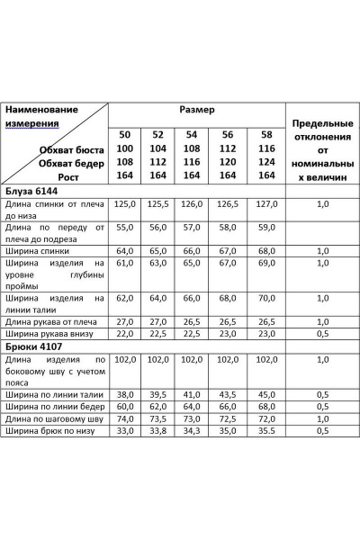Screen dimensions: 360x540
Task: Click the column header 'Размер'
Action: [196, 110]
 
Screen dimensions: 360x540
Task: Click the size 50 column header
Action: [124, 134]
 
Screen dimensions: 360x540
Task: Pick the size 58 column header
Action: [265, 134]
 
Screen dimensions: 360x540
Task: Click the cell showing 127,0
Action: [265, 205]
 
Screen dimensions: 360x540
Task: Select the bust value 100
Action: [124, 148]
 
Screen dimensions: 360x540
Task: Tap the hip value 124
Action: [265, 162]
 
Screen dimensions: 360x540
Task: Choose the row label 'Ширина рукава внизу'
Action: [50, 334]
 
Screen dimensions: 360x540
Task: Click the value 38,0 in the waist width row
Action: [125, 394]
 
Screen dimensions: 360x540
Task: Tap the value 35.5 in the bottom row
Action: [265, 432]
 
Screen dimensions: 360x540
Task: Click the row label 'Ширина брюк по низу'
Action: [51, 432]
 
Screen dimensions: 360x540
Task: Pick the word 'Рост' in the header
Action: [93, 176]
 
